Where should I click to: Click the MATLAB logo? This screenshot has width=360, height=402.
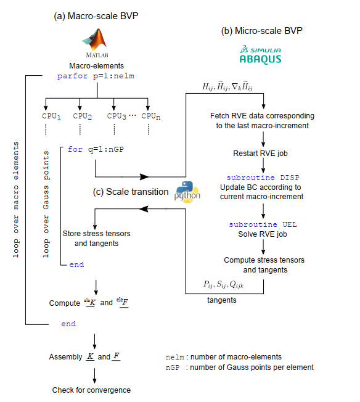pyautogui.click(x=96, y=43)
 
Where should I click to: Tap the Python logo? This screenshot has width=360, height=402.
pyautogui.click(x=187, y=192)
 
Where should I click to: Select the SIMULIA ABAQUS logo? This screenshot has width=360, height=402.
pyautogui.click(x=260, y=54)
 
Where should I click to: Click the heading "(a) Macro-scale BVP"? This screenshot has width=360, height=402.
pyautogui.click(x=96, y=16)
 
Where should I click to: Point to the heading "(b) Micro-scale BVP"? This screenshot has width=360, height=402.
pyautogui.click(x=262, y=31)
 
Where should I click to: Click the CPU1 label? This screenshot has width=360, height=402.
pyautogui.click(x=51, y=117)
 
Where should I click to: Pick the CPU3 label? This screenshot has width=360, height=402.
pyautogui.click(x=117, y=117)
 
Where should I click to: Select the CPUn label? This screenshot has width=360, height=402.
pyautogui.click(x=151, y=117)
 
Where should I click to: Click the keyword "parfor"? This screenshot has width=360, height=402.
pyautogui.click(x=72, y=76)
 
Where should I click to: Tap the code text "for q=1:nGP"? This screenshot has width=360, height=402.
pyautogui.click(x=96, y=149)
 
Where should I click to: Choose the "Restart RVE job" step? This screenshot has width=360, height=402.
pyautogui.click(x=260, y=154)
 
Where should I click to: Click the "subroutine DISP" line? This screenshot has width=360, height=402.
pyautogui.click(x=263, y=178)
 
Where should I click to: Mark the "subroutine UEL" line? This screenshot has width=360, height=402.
pyautogui.click(x=263, y=224)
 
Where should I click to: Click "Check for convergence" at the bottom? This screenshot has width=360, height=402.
pyautogui.click(x=91, y=390)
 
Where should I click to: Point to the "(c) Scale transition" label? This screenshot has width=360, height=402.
pyautogui.click(x=131, y=192)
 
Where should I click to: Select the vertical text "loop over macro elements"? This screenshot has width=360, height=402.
pyautogui.click(x=16, y=200)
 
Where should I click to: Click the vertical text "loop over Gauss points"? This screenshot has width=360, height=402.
pyautogui.click(x=46, y=204)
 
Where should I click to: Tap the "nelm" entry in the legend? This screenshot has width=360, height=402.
pyautogui.click(x=175, y=357)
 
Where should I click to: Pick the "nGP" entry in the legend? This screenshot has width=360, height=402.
pyautogui.click(x=173, y=367)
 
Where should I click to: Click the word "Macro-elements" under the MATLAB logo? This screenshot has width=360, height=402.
pyautogui.click(x=96, y=66)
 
